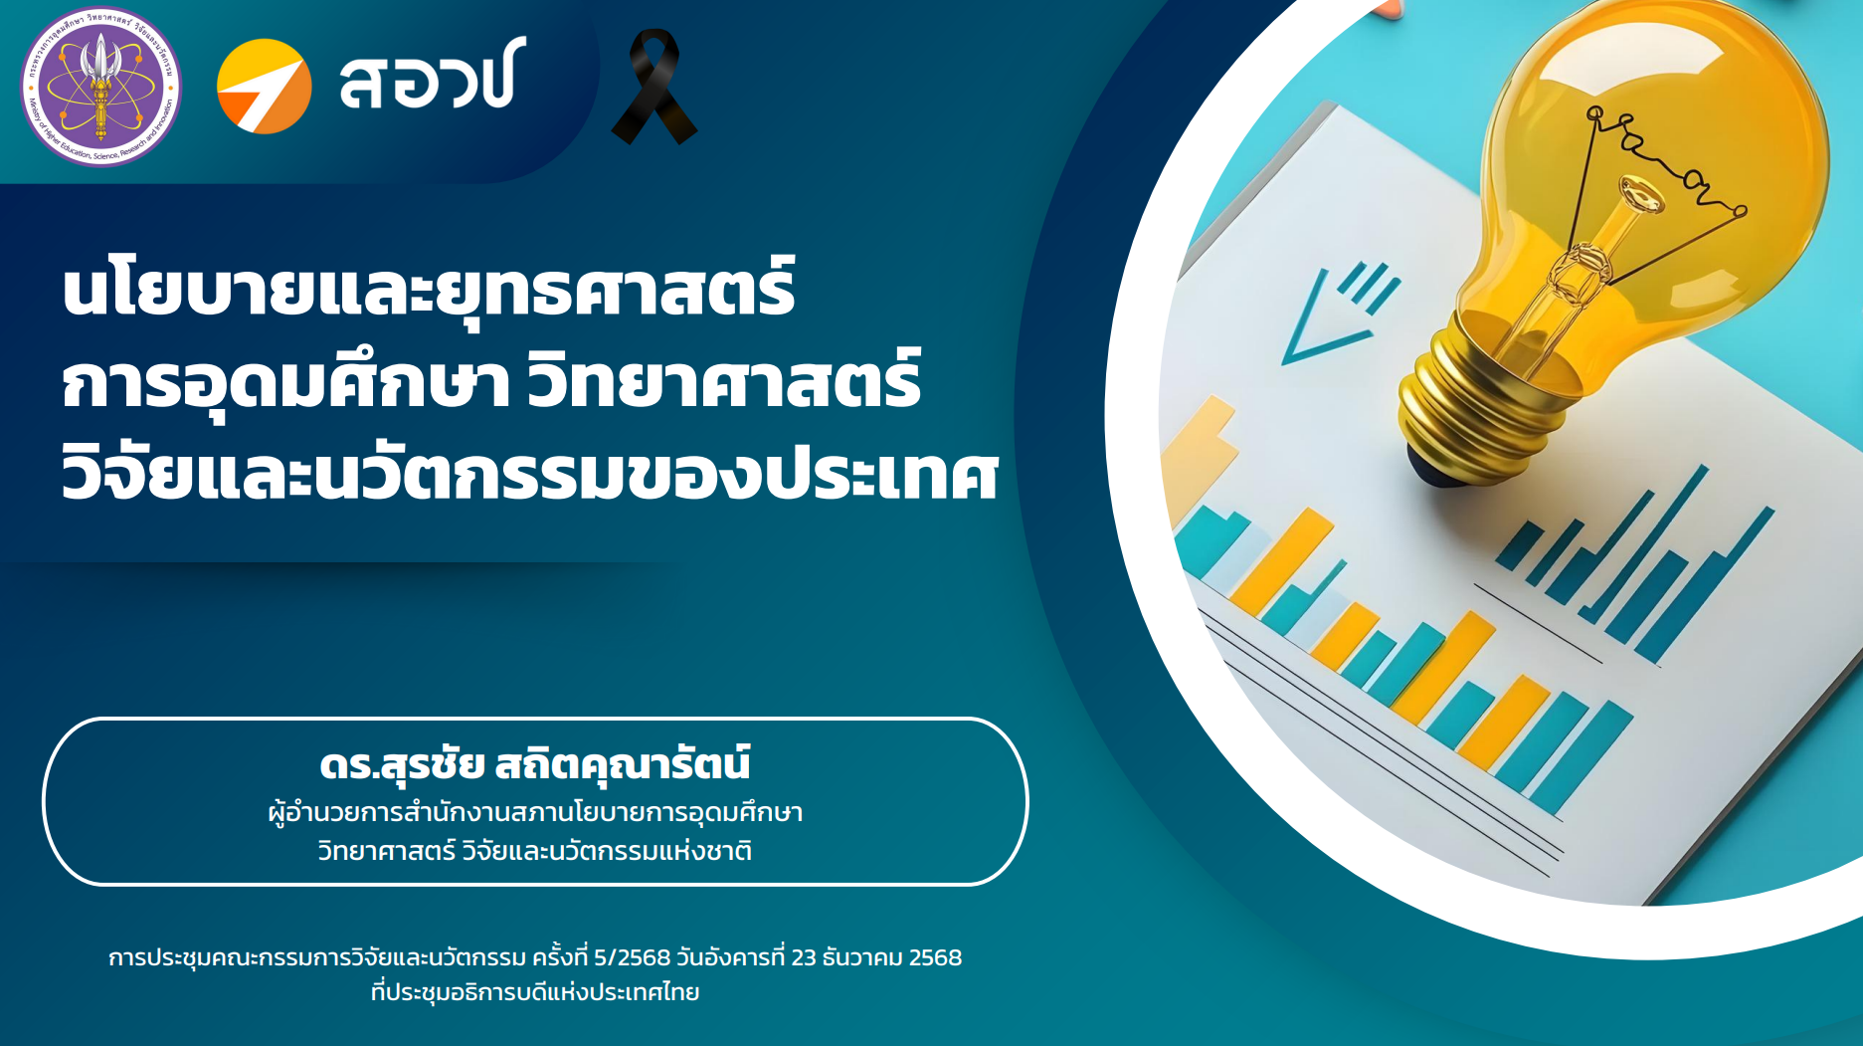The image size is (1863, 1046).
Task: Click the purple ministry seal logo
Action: click(x=100, y=86)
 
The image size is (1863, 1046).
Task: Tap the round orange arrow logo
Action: click(x=264, y=87)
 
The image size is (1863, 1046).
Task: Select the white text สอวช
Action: click(x=432, y=77)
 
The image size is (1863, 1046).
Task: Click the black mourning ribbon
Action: click(x=653, y=87)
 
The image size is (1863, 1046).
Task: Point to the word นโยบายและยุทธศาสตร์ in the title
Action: click(x=429, y=289)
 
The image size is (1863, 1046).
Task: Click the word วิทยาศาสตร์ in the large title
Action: click(x=724, y=380)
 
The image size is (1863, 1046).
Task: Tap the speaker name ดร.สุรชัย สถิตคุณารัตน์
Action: click(x=535, y=764)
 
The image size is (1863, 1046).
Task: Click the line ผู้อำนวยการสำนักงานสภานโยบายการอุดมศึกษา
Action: click(x=535, y=813)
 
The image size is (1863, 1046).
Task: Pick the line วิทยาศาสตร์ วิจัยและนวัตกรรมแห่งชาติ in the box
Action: click(x=535, y=851)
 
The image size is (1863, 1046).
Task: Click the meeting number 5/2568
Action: click(x=633, y=957)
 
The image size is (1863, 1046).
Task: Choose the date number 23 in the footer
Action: click(x=804, y=957)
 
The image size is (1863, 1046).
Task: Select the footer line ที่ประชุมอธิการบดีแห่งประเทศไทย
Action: click(x=535, y=992)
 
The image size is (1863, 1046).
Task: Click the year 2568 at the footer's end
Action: click(x=936, y=957)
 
